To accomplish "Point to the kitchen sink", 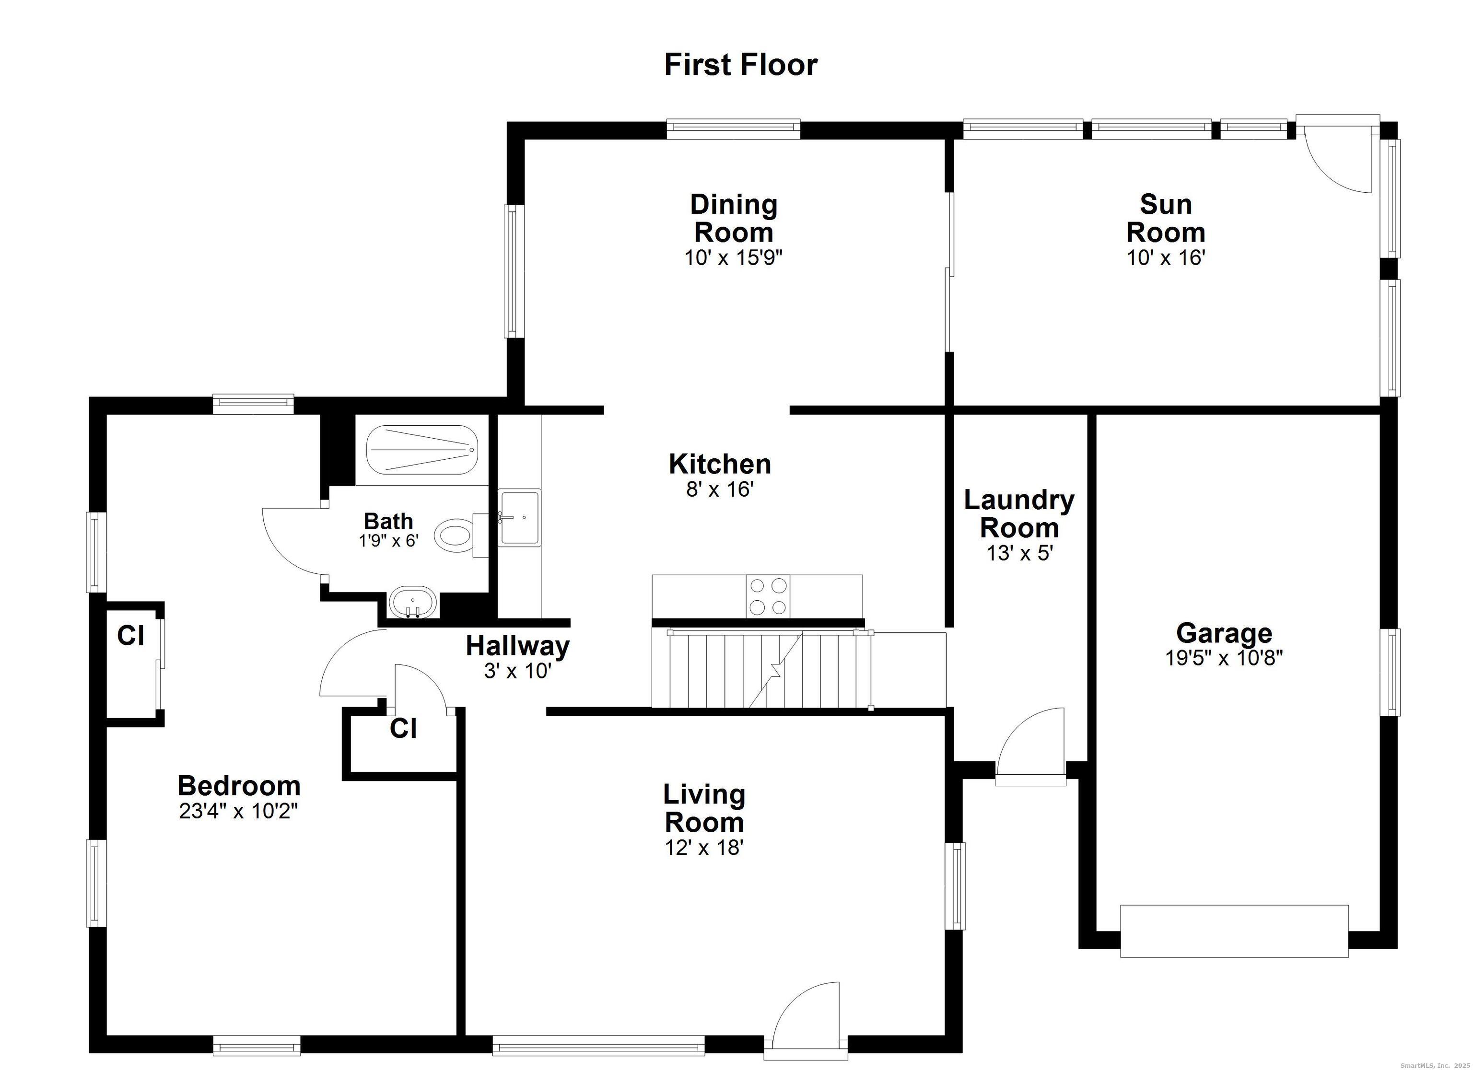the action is (x=518, y=517).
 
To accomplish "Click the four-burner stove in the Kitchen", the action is (x=769, y=596).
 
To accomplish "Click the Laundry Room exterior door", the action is (x=1031, y=746).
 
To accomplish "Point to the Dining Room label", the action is (x=733, y=218).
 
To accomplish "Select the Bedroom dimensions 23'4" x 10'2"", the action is (x=239, y=811).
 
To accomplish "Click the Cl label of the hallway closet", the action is (x=403, y=729).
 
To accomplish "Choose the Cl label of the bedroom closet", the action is (x=130, y=636).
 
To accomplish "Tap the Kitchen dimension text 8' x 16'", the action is (x=720, y=489).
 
